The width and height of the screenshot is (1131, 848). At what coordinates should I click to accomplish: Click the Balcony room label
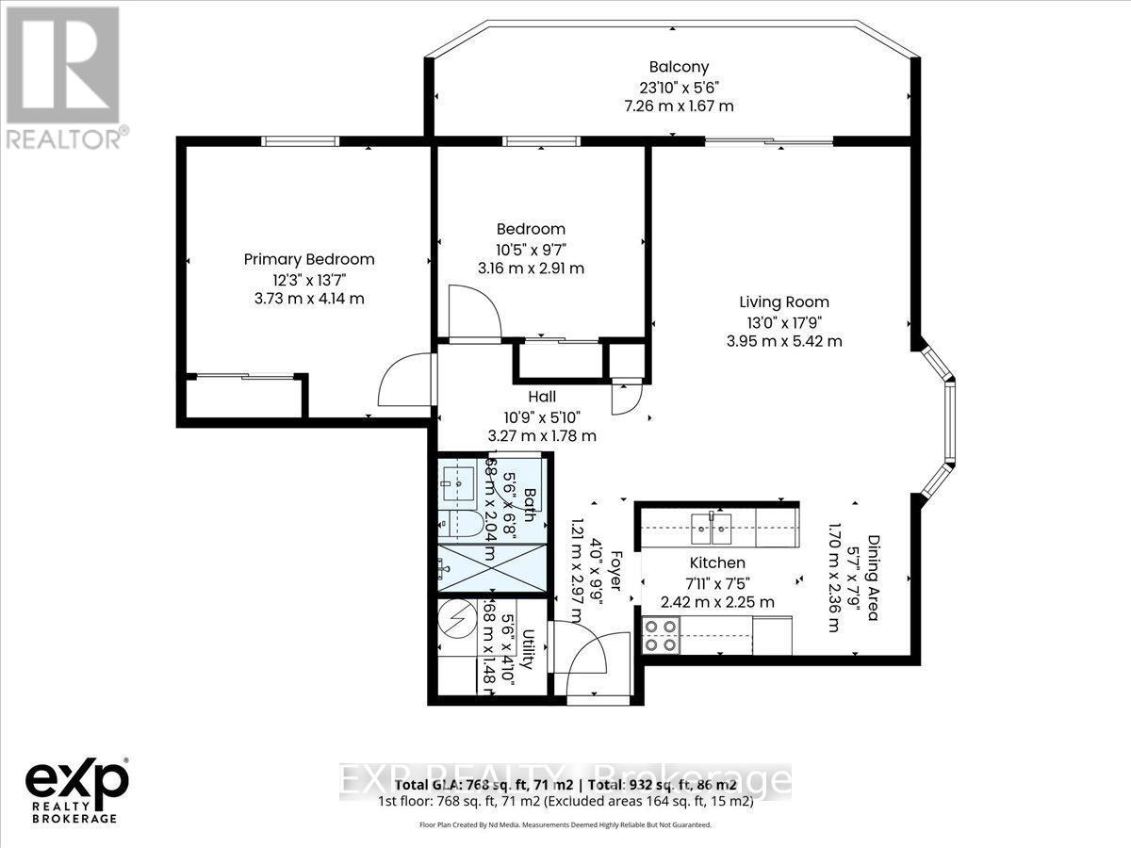(679, 67)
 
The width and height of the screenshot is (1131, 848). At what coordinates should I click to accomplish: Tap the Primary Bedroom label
(309, 259)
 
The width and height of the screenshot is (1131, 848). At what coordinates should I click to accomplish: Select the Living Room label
(783, 302)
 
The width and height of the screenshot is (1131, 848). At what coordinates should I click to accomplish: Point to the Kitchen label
(718, 563)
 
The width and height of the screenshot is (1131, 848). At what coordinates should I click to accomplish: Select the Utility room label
(529, 649)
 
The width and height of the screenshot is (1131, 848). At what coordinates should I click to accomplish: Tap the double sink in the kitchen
(713, 529)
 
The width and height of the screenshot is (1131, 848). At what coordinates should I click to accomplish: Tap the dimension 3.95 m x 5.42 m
(783, 341)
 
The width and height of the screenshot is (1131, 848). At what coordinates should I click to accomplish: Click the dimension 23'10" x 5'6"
(679, 87)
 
